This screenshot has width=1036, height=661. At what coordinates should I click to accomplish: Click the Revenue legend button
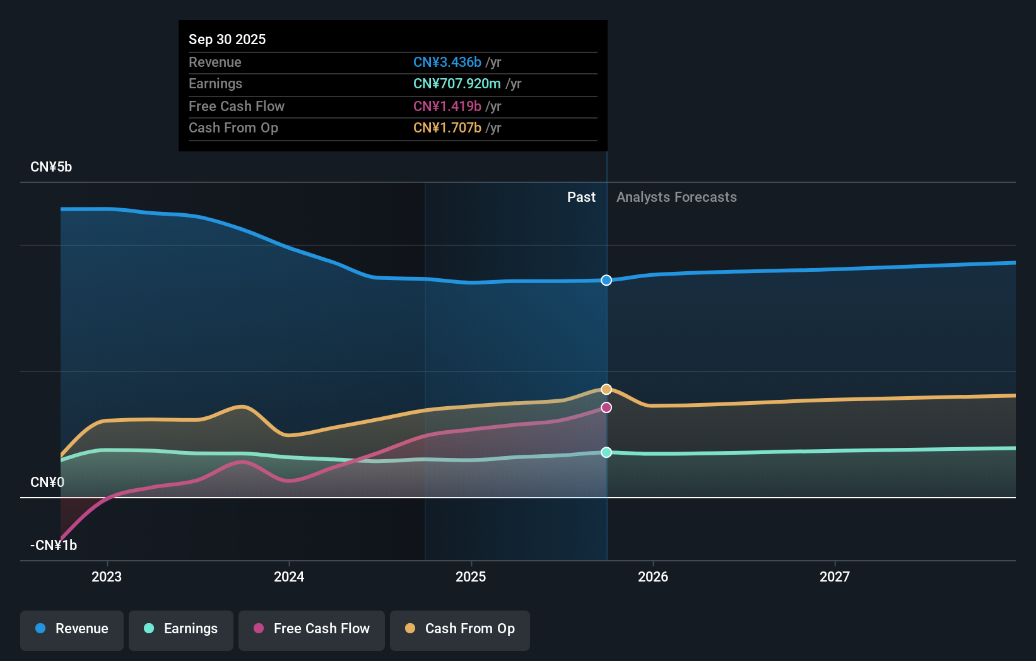click(x=72, y=629)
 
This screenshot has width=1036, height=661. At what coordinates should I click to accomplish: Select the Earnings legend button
click(x=181, y=629)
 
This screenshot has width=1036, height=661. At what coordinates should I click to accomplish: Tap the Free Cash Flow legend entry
click(x=312, y=629)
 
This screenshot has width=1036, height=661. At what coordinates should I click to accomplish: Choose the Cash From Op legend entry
click(x=460, y=629)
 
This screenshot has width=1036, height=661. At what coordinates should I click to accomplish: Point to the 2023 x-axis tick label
click(x=107, y=576)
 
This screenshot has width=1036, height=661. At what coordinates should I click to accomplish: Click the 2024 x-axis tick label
click(x=289, y=576)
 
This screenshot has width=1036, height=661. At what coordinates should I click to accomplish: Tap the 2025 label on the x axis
click(x=471, y=576)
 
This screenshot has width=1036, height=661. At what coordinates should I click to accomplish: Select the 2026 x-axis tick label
click(x=653, y=576)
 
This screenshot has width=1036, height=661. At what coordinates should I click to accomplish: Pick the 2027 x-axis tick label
click(x=835, y=576)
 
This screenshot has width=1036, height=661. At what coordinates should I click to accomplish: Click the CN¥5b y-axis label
click(x=51, y=167)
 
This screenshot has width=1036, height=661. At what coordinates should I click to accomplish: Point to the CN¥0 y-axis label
click(x=47, y=483)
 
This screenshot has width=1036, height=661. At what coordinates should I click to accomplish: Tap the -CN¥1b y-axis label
click(x=54, y=546)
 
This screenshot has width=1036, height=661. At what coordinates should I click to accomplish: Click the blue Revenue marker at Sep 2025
click(x=606, y=280)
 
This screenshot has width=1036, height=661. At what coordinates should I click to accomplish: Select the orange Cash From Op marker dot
click(x=606, y=389)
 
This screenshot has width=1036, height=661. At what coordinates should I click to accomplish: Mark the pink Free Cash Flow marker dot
click(x=606, y=407)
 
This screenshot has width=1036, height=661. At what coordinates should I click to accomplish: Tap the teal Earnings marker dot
click(x=606, y=452)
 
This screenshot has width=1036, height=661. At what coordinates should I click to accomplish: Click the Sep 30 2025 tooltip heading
click(x=227, y=39)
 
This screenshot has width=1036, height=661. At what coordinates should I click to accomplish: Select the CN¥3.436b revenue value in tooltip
click(x=447, y=62)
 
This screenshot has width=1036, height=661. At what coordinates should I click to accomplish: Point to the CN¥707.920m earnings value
click(x=457, y=84)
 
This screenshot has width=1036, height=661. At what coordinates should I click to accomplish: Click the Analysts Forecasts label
click(x=676, y=197)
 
